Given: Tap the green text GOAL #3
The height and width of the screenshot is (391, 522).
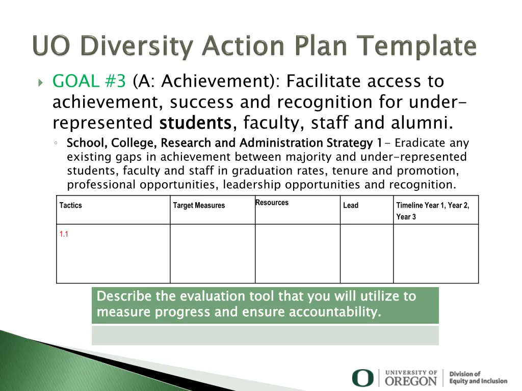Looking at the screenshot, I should tap(89, 81).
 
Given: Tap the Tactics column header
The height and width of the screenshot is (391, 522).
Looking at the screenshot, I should tap(70, 206).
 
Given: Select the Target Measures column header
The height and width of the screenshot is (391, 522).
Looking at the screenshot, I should tap(199, 206).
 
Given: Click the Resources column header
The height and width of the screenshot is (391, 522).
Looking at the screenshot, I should tap(272, 203).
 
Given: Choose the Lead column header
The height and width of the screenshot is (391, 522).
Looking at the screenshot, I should tap(351, 206).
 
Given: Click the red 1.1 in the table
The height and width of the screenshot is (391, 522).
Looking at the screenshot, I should tap(64, 235).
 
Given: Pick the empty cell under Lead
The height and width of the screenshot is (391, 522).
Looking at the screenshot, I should tap(367, 254).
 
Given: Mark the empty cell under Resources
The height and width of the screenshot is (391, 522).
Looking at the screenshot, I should tap(297, 254).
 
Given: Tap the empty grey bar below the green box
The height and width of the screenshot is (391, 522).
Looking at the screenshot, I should tap(265, 336).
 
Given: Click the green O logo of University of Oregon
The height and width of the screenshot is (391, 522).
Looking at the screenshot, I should tap(362, 378).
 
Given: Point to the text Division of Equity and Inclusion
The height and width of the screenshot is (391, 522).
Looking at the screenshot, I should tap(478, 377).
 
